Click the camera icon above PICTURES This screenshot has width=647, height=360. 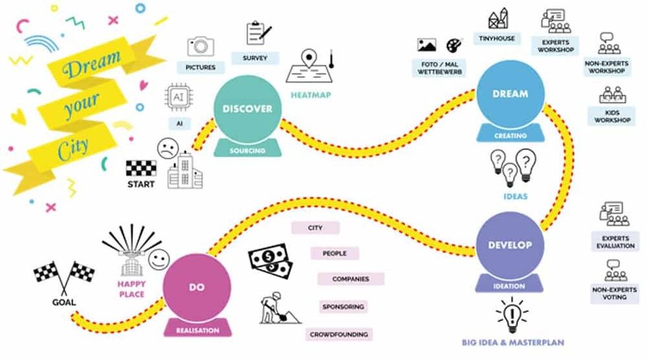pyautogui.click(x=201, y=45)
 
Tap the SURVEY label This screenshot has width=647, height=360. pyautogui.click(x=255, y=58)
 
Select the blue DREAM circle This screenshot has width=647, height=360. pyautogui.click(x=510, y=94)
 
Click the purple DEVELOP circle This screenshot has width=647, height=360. pyautogui.click(x=509, y=245)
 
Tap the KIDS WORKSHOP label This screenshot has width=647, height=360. pyautogui.click(x=612, y=116)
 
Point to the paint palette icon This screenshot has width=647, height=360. pyautogui.click(x=454, y=45)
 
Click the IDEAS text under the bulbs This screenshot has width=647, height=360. pyautogui.click(x=511, y=196)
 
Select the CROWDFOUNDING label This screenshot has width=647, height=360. pyautogui.click(x=339, y=335)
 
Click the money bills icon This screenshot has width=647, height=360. pyautogui.click(x=270, y=263)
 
